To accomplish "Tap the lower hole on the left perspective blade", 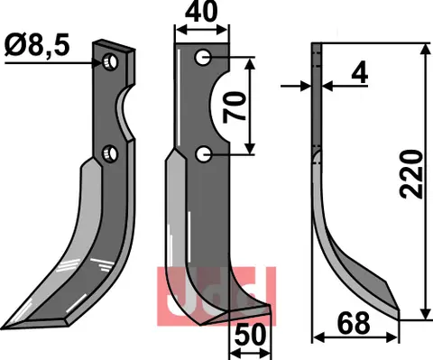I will (109, 152).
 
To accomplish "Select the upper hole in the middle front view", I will (204, 57).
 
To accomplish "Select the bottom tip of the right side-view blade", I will (395, 314).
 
